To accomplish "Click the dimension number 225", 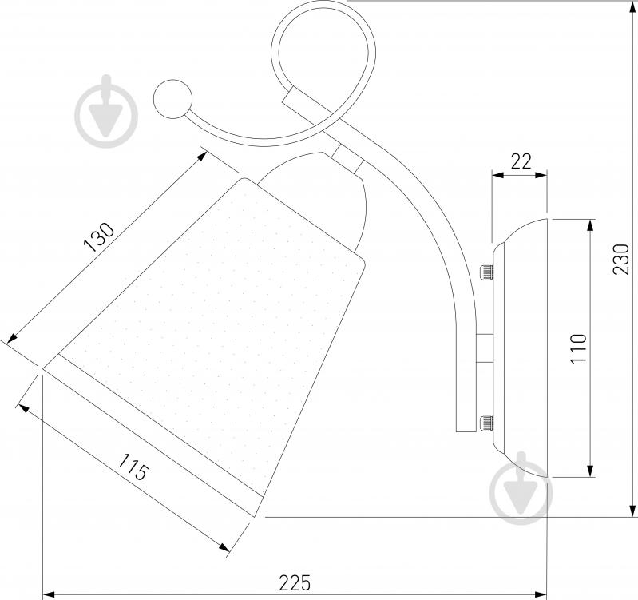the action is click(295, 582).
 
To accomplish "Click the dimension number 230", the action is click(621, 260).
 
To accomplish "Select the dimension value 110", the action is click(578, 348).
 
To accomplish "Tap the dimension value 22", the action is click(521, 161).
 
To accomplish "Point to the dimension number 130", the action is click(99, 237).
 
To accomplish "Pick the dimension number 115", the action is click(133, 467).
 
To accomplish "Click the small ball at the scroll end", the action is click(173, 99).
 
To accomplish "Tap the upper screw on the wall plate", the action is click(486, 272).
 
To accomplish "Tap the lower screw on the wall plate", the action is click(486, 423).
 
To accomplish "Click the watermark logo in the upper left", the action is click(107, 112).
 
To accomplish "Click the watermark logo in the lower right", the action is click(521, 488).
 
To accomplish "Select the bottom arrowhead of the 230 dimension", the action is click(632, 511).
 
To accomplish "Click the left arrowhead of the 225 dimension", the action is click(50, 594).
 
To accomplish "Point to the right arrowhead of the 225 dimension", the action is click(540, 594).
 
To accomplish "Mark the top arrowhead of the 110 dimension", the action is click(589, 226).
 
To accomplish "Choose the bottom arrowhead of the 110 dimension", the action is click(589, 470).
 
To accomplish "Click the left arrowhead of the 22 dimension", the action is click(499, 175).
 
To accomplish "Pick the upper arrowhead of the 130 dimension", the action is click(202, 157).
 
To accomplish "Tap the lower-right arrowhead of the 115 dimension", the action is click(224, 547).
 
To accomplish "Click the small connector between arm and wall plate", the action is click(485, 349).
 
